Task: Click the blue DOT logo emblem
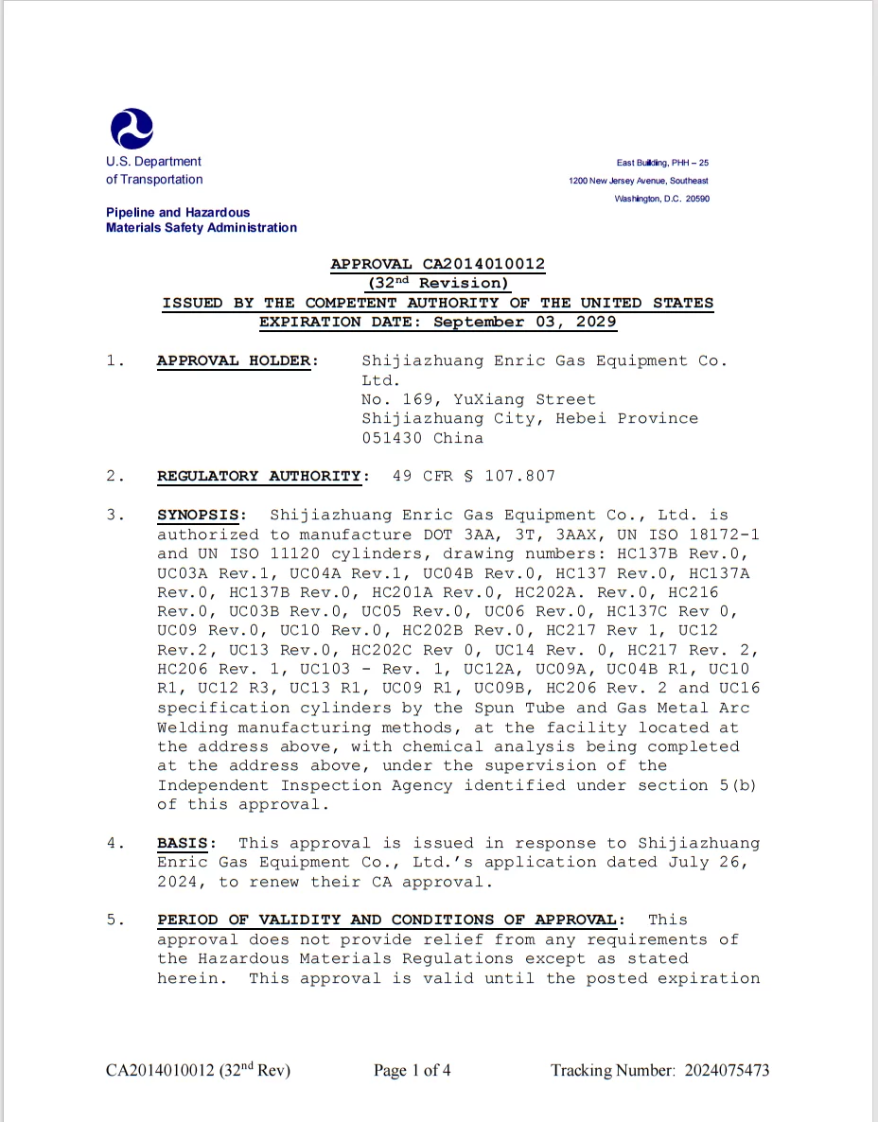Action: pos(132,129)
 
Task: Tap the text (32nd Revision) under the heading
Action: pos(438,283)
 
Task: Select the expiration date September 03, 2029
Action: pos(525,322)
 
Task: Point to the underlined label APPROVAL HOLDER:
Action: pos(237,360)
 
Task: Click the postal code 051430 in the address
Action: pos(393,438)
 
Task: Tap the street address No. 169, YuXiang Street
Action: pos(479,399)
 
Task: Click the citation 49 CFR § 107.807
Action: pos(473,476)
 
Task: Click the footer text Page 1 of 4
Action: pos(412,1071)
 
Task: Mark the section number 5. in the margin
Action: pos(116,920)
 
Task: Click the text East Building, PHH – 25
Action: pos(662,163)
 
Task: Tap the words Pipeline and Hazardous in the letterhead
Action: pos(178,213)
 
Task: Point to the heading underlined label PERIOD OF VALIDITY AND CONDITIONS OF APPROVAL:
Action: pos(391,920)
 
